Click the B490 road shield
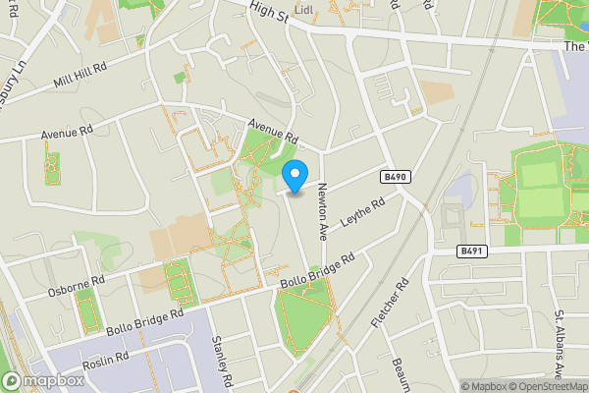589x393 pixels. coord(394,177)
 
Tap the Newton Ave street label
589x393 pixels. coord(320,212)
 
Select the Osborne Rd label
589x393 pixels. coord(76,287)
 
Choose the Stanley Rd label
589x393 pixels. coord(220,362)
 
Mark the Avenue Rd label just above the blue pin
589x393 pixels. coord(272,131)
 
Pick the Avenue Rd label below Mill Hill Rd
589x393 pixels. coord(67,132)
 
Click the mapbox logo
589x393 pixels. coord(42,380)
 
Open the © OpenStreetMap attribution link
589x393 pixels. coord(546,386)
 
